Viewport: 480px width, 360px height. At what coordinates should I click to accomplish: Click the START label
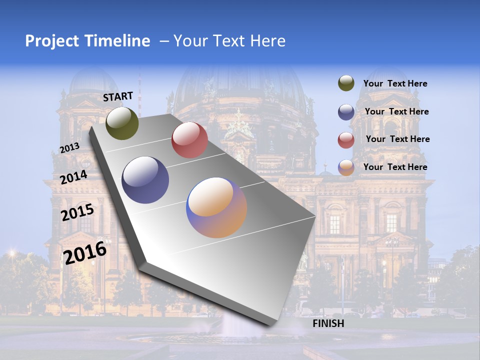118,96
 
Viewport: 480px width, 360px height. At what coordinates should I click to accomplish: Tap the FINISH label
328,323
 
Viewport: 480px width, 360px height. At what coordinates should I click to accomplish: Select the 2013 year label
69,148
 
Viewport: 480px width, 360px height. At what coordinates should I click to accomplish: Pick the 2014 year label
73,177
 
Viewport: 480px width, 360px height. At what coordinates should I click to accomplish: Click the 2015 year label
77,212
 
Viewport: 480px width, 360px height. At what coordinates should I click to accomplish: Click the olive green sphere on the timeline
122,123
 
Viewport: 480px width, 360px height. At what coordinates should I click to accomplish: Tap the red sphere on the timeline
189,139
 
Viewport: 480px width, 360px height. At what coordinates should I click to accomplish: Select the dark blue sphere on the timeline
145,180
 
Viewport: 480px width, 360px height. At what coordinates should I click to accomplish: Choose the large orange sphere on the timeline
216,207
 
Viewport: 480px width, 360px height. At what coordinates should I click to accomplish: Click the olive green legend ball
346,83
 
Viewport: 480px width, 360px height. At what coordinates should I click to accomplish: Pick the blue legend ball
346,112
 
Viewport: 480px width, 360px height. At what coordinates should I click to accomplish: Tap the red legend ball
346,140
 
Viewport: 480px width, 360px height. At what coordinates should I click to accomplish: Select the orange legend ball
346,167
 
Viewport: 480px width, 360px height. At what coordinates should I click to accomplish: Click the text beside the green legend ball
395,84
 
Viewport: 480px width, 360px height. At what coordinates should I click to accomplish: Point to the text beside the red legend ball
397,139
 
